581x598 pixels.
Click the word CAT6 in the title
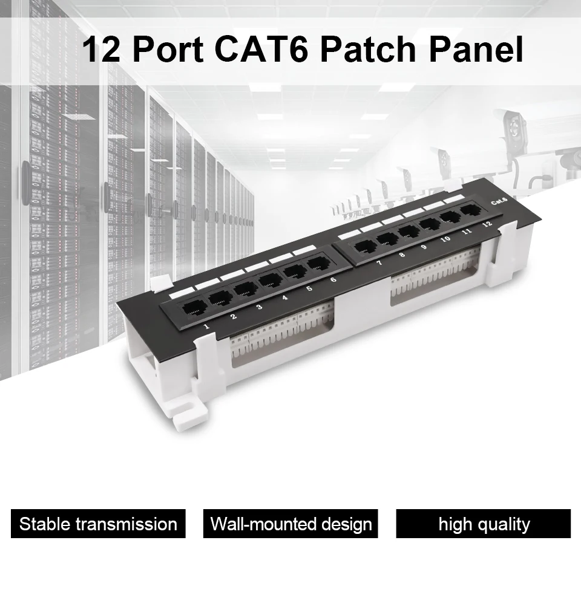coord(261,49)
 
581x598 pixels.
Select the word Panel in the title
coord(476,49)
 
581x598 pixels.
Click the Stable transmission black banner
coord(98,524)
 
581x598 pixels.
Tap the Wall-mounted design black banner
coord(290,524)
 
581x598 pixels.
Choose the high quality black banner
coord(484,524)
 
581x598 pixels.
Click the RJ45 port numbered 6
coord(318,263)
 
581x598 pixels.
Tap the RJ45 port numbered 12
coord(471,210)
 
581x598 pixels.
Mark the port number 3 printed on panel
coord(259,307)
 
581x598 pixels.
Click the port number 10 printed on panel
coord(445,239)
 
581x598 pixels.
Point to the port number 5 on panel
coord(309,288)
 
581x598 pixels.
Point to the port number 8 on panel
coord(402,255)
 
